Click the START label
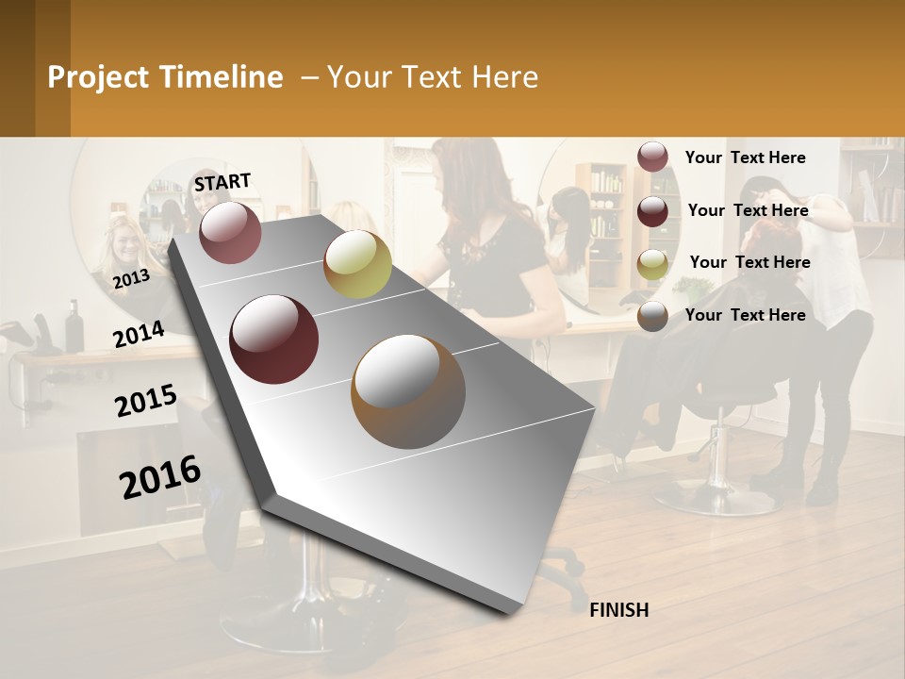point(222,182)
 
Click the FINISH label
point(619,610)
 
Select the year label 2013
point(131,279)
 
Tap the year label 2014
point(139,334)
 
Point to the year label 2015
point(146,402)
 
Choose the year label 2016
point(160,477)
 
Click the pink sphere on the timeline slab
point(231,232)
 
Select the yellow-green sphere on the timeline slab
point(357,264)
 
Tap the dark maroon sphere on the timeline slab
point(274,339)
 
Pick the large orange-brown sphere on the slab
point(408,390)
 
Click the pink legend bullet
point(652,157)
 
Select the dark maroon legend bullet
point(652,210)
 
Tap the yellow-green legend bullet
point(652,263)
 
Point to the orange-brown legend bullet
point(652,316)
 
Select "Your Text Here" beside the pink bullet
point(745,157)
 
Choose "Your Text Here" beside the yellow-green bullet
point(749,262)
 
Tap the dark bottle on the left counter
point(74,326)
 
